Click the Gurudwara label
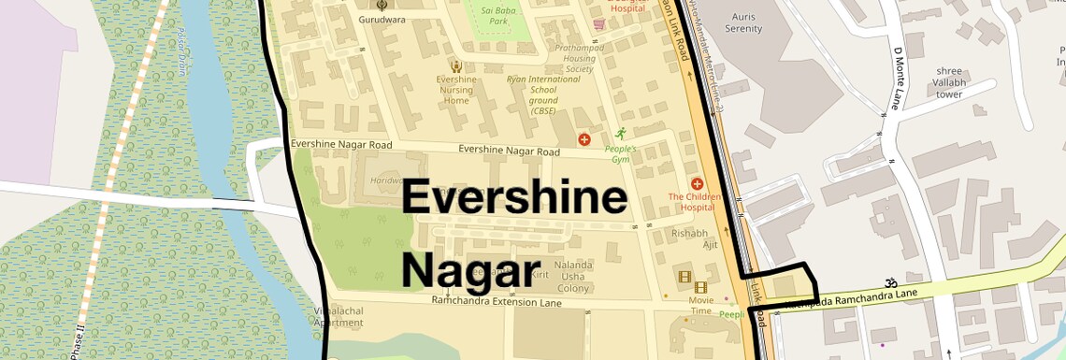(x=382, y=19)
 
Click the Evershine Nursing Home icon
(x=455, y=66)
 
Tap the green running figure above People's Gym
(x=619, y=134)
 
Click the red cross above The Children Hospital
(x=697, y=183)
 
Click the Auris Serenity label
(x=743, y=22)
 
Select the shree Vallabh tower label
(x=949, y=82)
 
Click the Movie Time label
(x=700, y=304)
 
